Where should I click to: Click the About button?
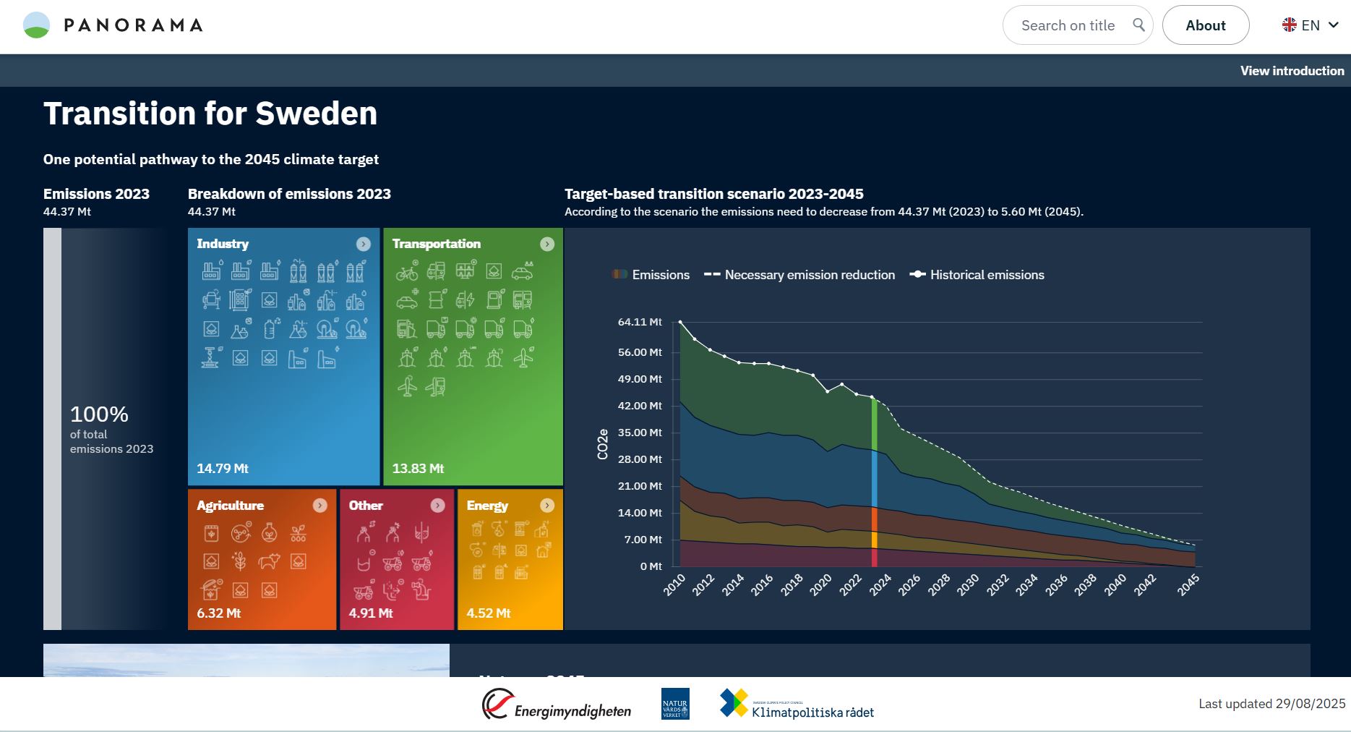(1205, 25)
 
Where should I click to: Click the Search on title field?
(1068, 25)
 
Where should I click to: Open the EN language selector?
(1311, 25)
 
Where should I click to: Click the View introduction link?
(1292, 71)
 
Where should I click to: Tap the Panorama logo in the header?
(113, 25)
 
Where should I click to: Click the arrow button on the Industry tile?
(364, 244)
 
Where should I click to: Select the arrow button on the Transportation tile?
(547, 244)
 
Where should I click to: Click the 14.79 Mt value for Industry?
(223, 469)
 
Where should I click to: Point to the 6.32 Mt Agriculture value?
(218, 613)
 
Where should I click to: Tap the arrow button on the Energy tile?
(547, 506)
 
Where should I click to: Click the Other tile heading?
(366, 506)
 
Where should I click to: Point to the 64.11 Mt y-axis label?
(640, 322)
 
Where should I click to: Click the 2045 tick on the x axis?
(1188, 584)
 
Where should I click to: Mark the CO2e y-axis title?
(603, 444)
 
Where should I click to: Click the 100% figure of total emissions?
(99, 414)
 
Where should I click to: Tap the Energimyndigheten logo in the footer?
(557, 705)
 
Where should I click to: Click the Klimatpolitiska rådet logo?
(797, 705)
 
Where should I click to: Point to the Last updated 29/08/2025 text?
(1271, 704)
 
